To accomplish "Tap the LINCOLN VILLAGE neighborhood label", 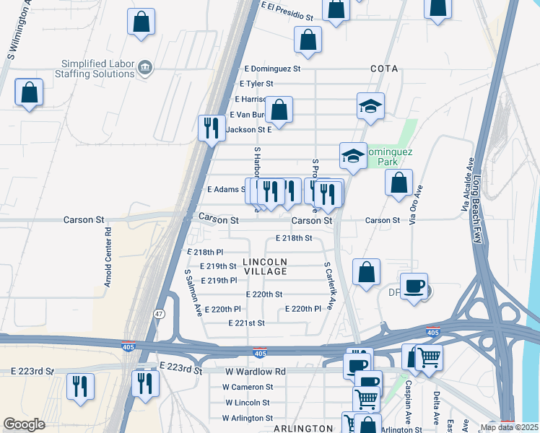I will [265, 266].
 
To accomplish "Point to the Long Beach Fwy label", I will [477, 209].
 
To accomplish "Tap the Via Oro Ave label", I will [415, 205].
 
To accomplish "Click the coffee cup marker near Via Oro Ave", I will [414, 286].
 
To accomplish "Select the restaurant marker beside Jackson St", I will [212, 128].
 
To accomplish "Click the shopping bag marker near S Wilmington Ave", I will [29, 92].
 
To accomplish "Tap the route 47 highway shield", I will [159, 314].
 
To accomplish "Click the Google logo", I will [24, 424].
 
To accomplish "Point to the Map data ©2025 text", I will [508, 427].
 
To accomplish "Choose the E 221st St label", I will [245, 323].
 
